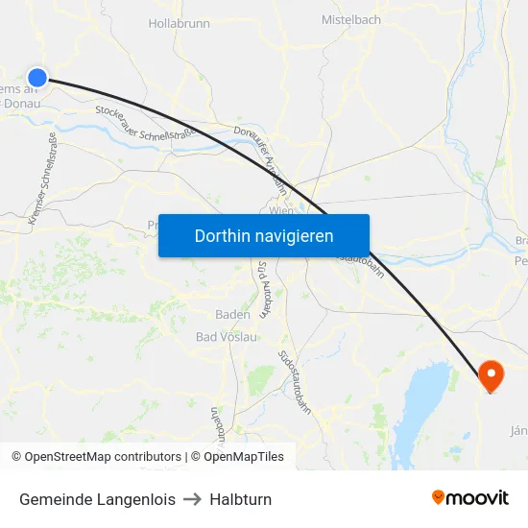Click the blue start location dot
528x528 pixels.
37,78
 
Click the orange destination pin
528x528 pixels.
490,374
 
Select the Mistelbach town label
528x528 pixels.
350,19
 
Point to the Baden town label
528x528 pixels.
232,314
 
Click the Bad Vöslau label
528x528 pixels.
227,337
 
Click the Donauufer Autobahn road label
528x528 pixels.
261,149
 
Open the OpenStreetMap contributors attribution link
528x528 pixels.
103,457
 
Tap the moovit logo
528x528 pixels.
470,498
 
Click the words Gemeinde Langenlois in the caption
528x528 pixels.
97,499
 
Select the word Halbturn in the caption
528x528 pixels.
240,499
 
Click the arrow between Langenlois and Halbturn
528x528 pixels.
193,499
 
